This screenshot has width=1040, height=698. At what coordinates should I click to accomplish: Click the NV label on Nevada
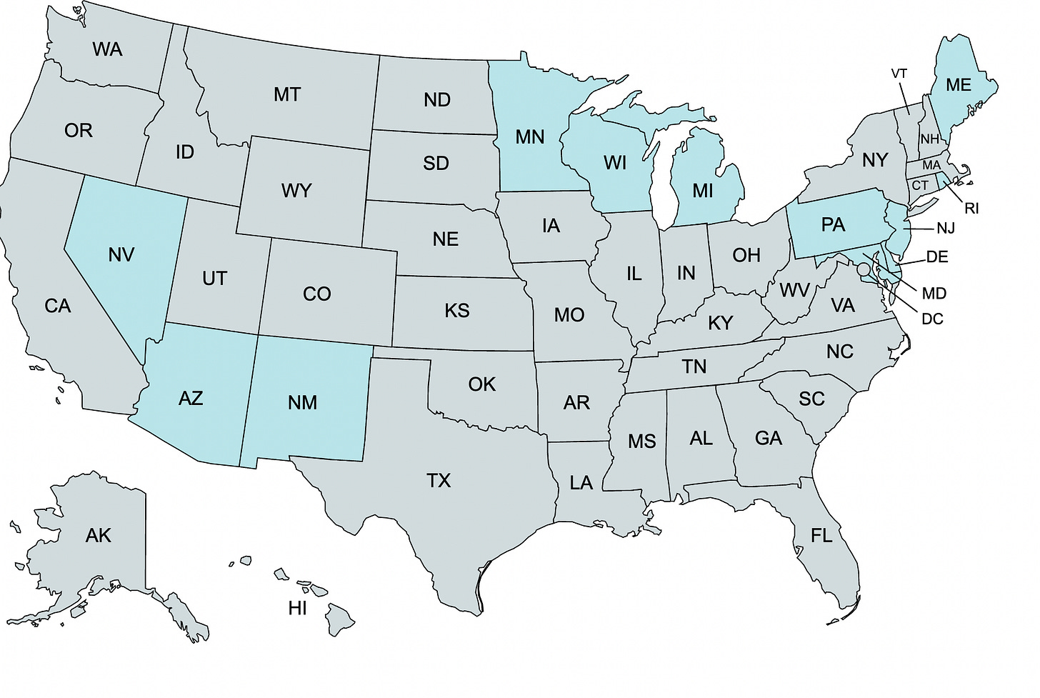point(121,254)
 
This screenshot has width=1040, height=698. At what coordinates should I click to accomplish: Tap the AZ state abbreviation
point(191,398)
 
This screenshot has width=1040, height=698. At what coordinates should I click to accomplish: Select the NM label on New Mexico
point(302,402)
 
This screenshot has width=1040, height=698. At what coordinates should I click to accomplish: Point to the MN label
point(529,136)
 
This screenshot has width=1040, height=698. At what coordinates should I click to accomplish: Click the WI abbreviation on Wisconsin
point(614,163)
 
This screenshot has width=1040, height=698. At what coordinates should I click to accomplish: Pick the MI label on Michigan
point(703,191)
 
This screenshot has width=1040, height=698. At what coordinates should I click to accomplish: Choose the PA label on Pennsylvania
point(833,225)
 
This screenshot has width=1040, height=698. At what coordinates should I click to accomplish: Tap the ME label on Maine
point(958,85)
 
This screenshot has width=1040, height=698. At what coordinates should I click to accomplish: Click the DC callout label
point(932,319)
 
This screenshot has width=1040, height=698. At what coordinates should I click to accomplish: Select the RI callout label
point(971,209)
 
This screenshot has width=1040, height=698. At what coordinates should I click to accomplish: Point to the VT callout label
point(899,74)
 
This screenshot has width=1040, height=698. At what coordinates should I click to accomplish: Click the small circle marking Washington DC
point(864,269)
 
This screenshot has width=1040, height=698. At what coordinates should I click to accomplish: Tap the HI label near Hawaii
point(297,609)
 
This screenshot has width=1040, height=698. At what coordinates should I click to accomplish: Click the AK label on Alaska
point(98,535)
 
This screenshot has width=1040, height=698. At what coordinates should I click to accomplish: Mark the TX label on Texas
point(439,481)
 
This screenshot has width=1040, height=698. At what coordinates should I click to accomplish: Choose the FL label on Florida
point(821,535)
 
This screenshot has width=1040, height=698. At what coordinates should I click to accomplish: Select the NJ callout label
point(945,229)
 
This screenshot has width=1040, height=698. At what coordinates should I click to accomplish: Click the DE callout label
point(937,257)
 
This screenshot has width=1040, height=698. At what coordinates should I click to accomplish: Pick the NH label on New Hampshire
point(929,139)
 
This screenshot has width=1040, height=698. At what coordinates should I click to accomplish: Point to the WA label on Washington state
point(107,49)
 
